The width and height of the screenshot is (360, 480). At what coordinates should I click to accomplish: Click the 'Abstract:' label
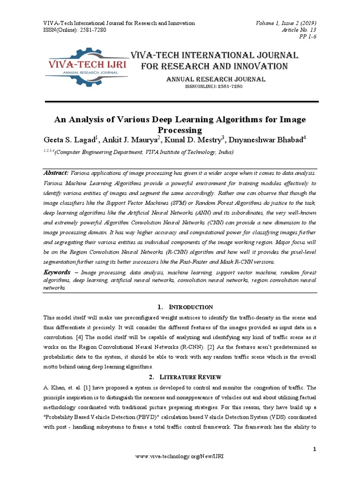click(56, 173)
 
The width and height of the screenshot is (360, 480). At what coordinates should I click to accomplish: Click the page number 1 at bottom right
click(315, 450)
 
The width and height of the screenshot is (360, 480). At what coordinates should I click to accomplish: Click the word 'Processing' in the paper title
click(180, 130)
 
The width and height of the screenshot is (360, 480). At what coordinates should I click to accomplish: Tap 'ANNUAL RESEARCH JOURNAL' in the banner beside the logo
click(216, 79)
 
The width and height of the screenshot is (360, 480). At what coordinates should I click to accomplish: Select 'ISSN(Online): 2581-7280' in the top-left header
click(75, 30)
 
